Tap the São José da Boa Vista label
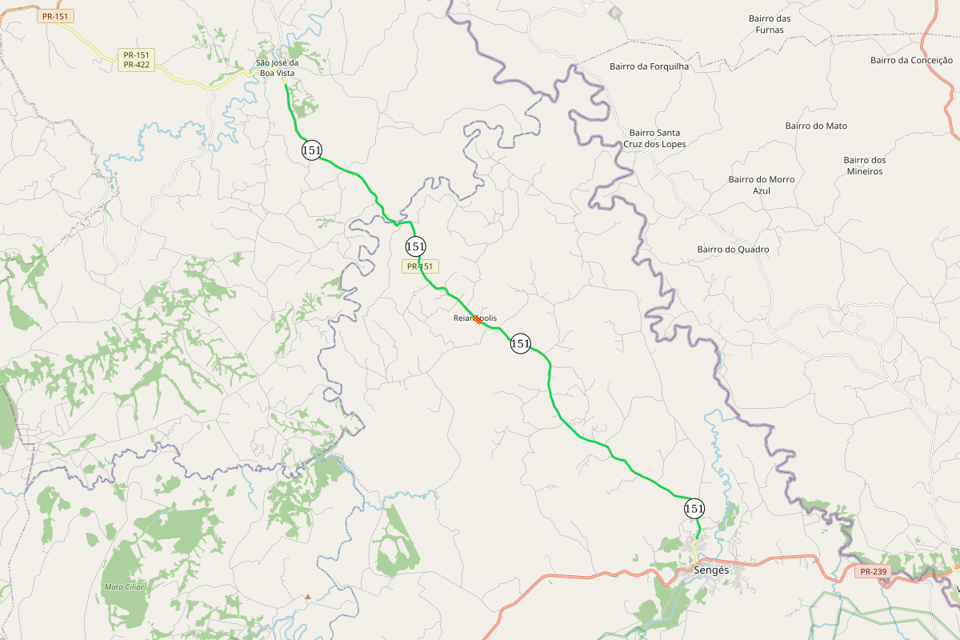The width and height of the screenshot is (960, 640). [x=275, y=68]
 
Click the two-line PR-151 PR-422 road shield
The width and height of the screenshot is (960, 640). [x=136, y=60]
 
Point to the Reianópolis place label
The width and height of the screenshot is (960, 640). [x=474, y=318]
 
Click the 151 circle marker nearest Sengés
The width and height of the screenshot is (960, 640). [x=694, y=508]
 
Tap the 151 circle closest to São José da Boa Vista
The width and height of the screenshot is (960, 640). [x=312, y=150]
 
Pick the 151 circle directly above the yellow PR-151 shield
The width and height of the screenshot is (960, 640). [x=415, y=246]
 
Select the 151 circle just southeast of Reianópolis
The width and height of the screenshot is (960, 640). [x=520, y=343]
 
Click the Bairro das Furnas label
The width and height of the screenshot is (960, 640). [x=770, y=24]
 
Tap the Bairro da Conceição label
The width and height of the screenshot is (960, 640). [x=911, y=60]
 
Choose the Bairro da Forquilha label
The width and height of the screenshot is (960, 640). [x=649, y=66]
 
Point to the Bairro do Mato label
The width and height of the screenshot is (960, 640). [x=816, y=126]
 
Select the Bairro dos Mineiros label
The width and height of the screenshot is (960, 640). [x=865, y=166]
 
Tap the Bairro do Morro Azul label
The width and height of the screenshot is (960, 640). [x=762, y=185]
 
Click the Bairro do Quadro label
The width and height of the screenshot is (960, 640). [x=733, y=250]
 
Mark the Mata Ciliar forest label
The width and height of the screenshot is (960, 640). [x=124, y=587]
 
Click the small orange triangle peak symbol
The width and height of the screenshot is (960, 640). [x=308, y=596]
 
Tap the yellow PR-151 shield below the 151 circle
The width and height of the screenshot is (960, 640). [x=420, y=266]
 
